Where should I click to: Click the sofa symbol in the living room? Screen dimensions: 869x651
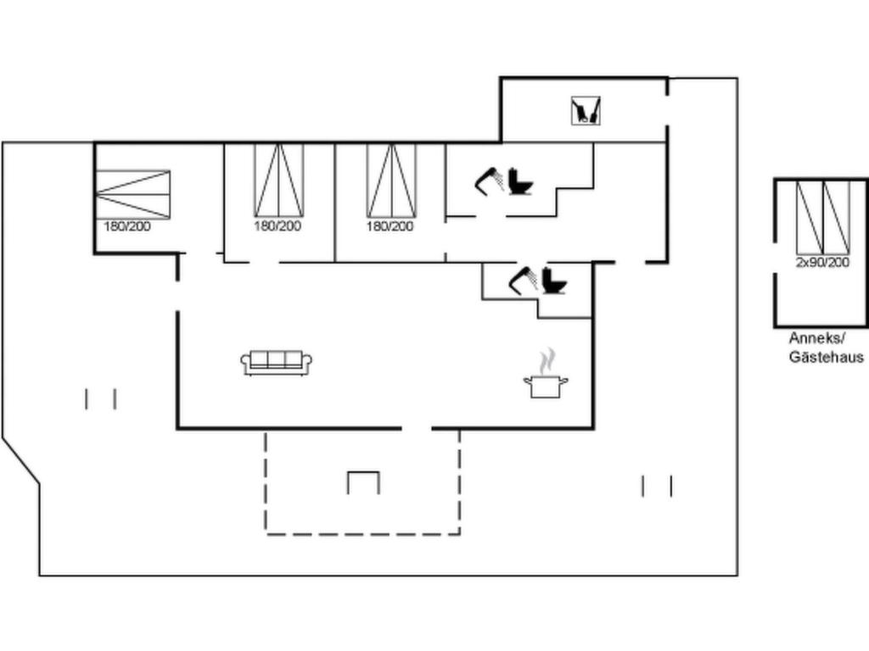(x=276, y=363)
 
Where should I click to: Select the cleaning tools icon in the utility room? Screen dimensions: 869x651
(x=586, y=111)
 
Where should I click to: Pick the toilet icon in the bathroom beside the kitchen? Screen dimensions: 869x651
(x=554, y=281)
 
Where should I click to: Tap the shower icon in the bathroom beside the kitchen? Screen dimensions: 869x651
(x=523, y=281)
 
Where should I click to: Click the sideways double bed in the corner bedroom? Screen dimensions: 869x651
(x=133, y=194)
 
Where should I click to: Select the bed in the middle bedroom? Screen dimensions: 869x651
(x=278, y=180)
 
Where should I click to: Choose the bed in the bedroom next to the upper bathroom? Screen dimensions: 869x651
(x=391, y=180)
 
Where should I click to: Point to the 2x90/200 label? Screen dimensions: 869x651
(x=822, y=263)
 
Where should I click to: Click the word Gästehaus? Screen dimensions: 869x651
(x=827, y=357)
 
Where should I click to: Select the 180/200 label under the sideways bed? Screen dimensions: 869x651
(x=127, y=225)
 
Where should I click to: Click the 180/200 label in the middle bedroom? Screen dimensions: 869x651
(x=278, y=225)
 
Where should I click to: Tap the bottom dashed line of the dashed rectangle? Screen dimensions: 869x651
(x=363, y=534)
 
